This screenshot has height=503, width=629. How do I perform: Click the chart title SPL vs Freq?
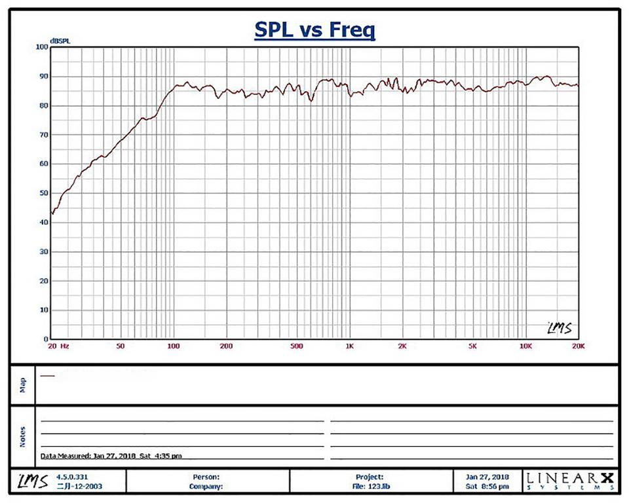pyautogui.click(x=314, y=30)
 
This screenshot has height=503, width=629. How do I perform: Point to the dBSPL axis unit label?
pyautogui.click(x=60, y=41)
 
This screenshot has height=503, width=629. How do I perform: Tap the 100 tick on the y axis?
pyautogui.click(x=42, y=47)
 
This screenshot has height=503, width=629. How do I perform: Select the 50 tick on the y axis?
pyautogui.click(x=44, y=193)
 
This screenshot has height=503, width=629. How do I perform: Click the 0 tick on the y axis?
pyautogui.click(x=46, y=339)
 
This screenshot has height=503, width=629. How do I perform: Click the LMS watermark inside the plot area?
pyautogui.click(x=559, y=327)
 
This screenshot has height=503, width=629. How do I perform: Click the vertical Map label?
pyautogui.click(x=23, y=384)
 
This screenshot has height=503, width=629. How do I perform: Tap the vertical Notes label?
pyautogui.click(x=23, y=437)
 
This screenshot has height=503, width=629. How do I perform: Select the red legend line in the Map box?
pyautogui.click(x=47, y=376)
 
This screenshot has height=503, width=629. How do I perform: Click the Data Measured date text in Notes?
pyautogui.click(x=111, y=455)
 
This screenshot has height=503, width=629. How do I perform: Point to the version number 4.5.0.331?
pyautogui.click(x=71, y=477)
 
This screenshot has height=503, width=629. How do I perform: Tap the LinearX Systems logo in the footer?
pyautogui.click(x=570, y=481)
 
